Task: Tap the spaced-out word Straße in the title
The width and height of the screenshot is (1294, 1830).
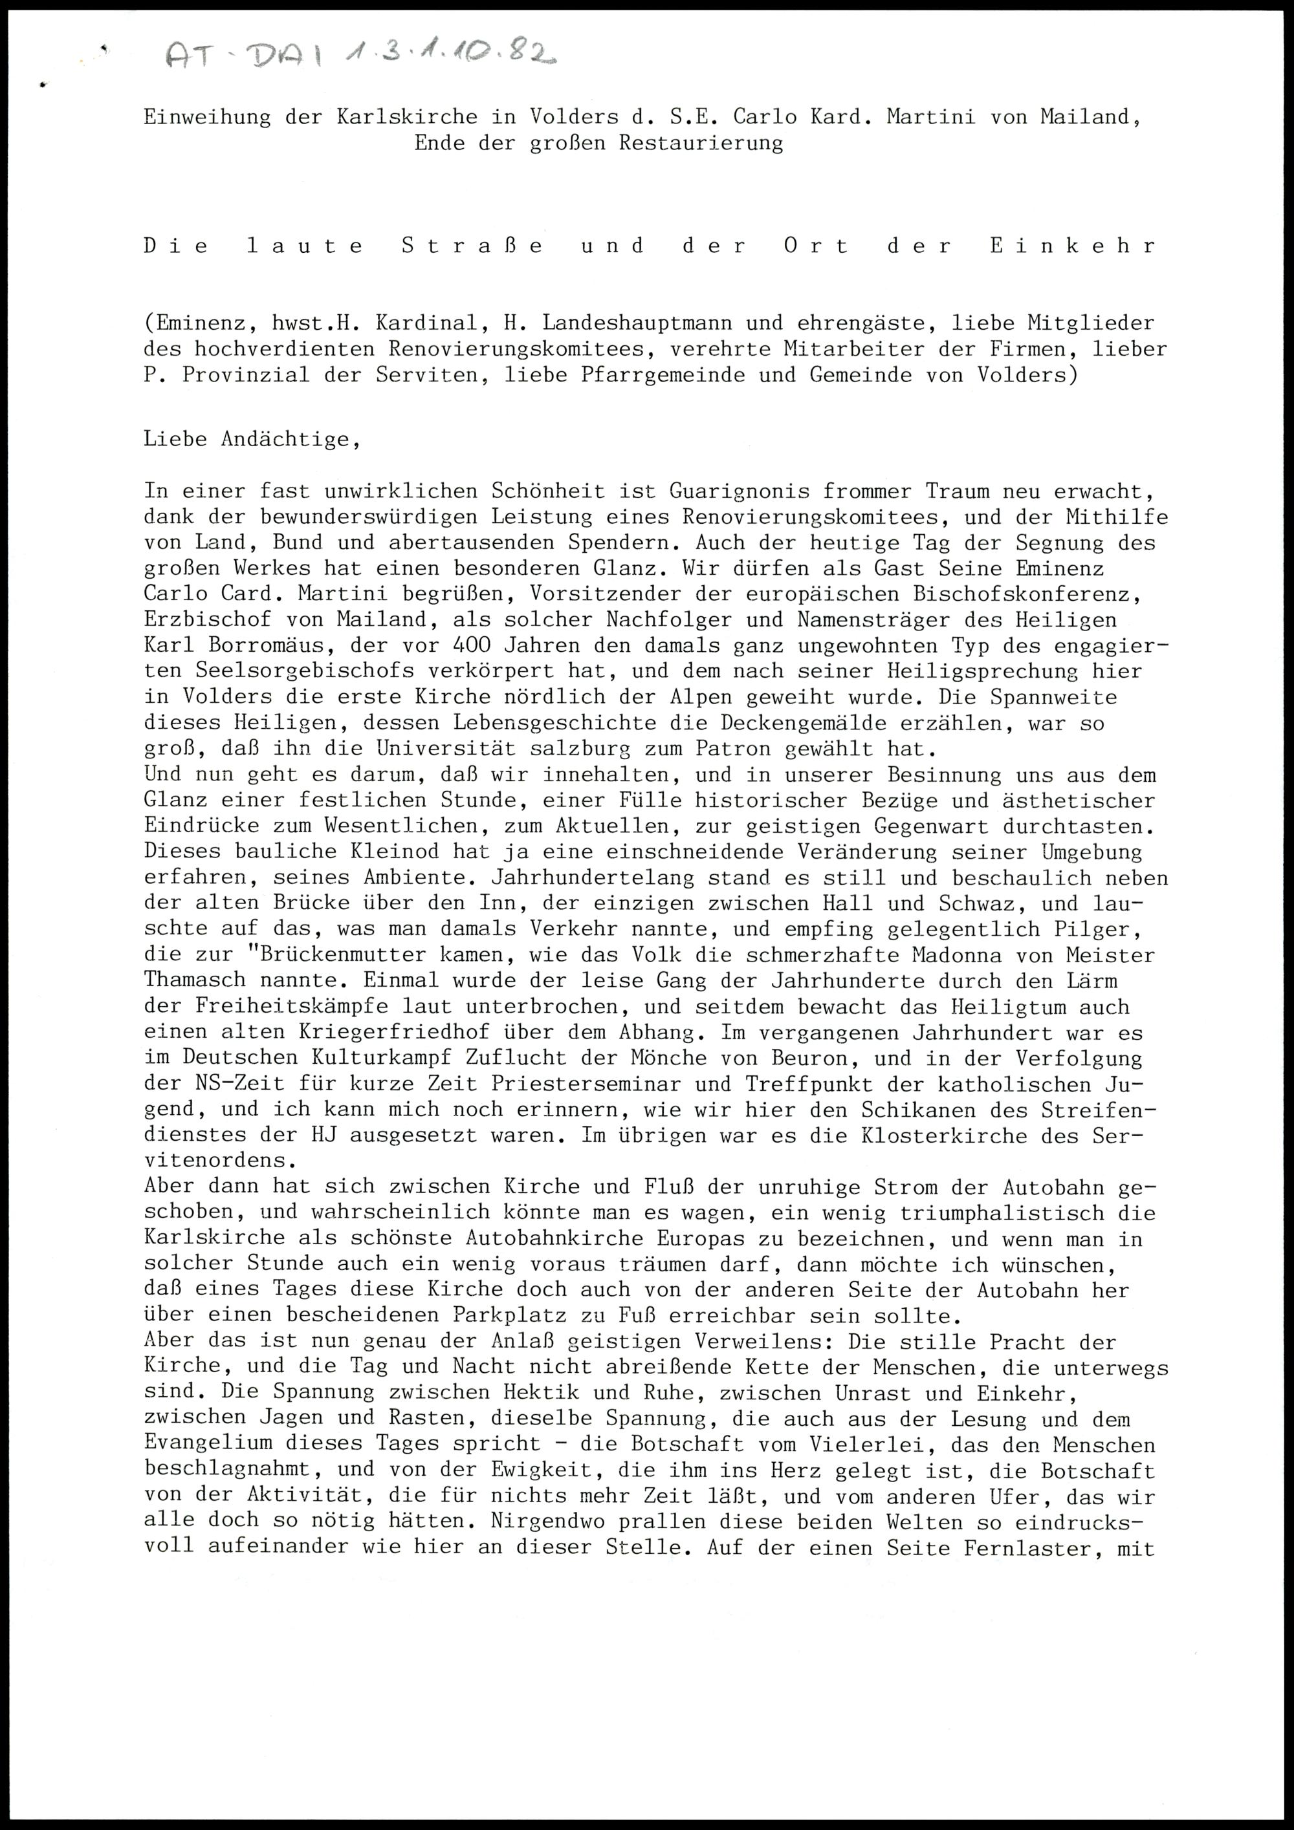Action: click(472, 246)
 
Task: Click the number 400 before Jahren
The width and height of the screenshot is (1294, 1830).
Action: click(471, 645)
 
